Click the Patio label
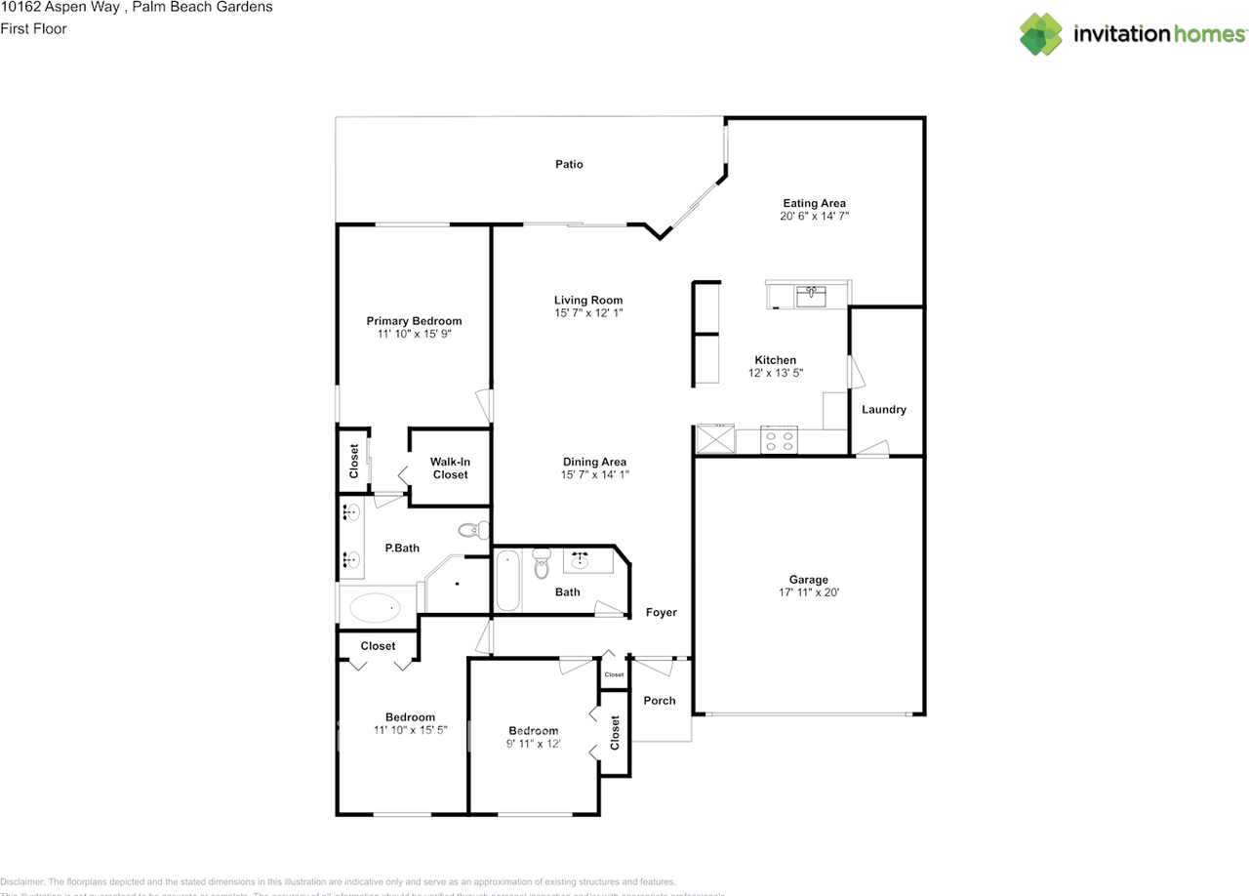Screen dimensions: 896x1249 [x=569, y=164]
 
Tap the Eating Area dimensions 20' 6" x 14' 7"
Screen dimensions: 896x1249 [x=814, y=217]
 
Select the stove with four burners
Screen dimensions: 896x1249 [x=779, y=440]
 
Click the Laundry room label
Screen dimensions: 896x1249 [x=883, y=410]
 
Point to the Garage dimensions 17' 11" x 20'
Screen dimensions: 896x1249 [x=809, y=592]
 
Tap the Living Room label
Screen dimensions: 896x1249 [x=587, y=301]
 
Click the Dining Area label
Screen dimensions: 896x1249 [x=593, y=462]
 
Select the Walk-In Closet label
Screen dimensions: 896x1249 [x=450, y=468]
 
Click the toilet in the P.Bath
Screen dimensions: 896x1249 [x=473, y=531]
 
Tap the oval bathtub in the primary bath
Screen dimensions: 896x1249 [x=374, y=608]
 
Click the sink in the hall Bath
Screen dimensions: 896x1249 [x=582, y=560]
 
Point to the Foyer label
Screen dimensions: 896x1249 [x=661, y=613]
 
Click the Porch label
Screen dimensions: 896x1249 [x=660, y=701]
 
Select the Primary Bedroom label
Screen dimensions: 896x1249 [x=414, y=321]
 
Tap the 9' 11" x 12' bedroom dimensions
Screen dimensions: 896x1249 [x=533, y=744]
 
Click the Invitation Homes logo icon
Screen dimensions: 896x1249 [x=1041, y=34]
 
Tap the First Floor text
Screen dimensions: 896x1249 [x=33, y=28]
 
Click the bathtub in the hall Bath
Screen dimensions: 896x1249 [x=508, y=582]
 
